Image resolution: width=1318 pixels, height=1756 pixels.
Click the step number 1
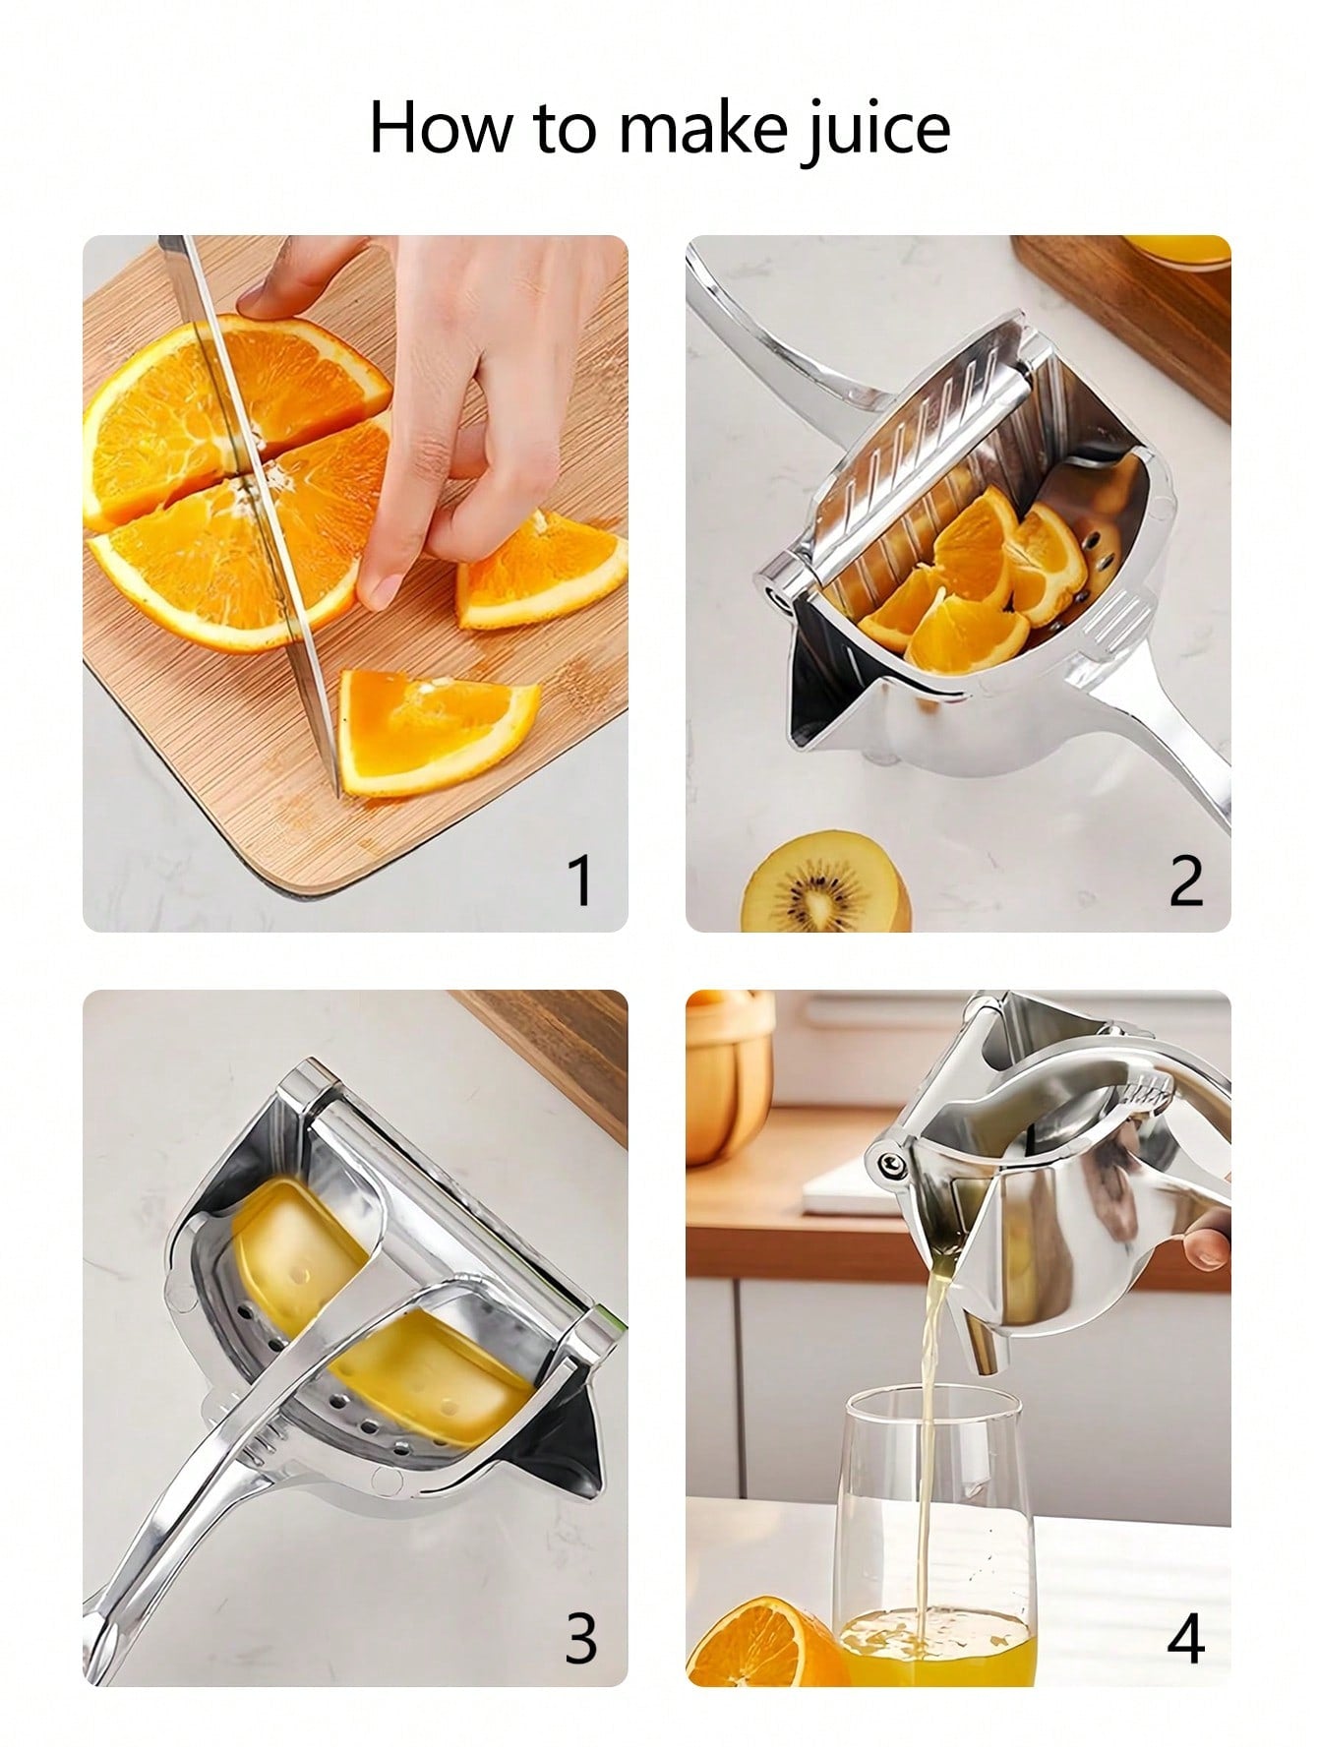click(581, 879)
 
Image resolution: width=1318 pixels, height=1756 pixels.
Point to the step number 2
click(1185, 879)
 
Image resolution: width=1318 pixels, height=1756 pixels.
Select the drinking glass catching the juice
click(934, 1535)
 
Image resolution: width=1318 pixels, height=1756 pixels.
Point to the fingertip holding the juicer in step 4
click(1208, 1246)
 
